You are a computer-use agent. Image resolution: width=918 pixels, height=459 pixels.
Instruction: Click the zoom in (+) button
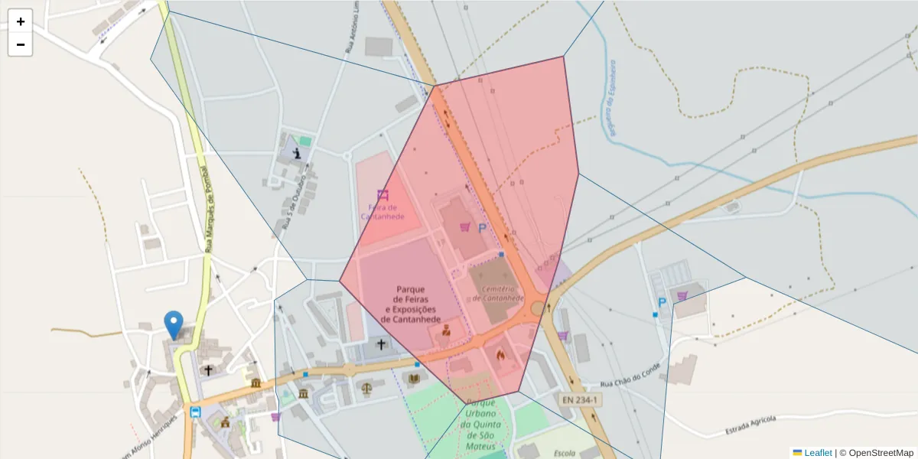coord(21,21)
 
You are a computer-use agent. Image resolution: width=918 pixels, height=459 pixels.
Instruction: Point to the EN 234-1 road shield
coord(581,399)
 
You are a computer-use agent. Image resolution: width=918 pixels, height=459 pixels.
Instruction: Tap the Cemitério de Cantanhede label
coord(498,293)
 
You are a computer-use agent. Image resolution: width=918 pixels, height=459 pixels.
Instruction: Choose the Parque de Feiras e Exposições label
coord(410,304)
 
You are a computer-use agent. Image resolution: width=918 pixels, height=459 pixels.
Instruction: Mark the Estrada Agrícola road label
coord(750,426)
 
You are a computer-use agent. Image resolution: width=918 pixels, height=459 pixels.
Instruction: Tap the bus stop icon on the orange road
coord(195,412)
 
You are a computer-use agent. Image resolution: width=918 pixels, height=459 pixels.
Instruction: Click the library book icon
coord(414,379)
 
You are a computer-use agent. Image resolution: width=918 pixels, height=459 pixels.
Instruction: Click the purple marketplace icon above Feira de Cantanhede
coord(382,194)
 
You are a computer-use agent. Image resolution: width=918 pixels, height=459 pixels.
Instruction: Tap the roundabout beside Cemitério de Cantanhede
coord(539,308)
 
